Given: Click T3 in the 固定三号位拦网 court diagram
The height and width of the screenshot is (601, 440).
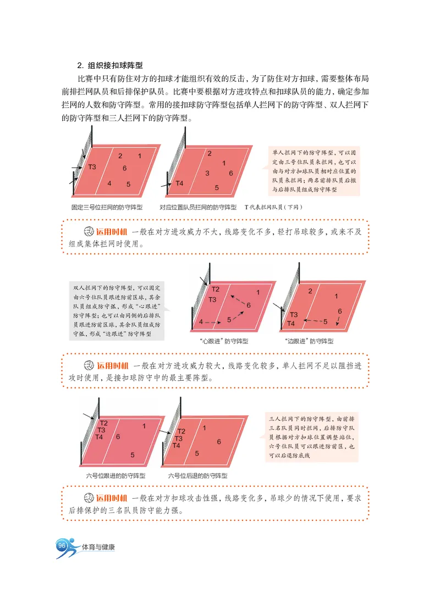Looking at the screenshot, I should click(92, 167).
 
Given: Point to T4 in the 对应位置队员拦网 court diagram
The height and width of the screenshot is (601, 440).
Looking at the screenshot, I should click(180, 183).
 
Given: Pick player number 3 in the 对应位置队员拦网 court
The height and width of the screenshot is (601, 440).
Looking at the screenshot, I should click(207, 174).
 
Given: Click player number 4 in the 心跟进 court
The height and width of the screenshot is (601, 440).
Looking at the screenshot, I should click(201, 321).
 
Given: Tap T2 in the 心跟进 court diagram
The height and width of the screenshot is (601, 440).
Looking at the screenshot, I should click(216, 290).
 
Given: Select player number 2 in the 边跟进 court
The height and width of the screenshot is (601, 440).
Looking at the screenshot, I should click(310, 291).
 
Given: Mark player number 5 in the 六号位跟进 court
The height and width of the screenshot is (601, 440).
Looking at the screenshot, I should click(133, 455).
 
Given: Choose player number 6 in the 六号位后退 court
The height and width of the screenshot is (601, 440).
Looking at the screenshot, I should click(219, 441).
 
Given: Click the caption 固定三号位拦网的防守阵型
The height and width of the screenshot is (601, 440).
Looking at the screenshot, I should click(107, 208).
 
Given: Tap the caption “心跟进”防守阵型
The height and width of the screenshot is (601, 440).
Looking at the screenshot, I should click(224, 341).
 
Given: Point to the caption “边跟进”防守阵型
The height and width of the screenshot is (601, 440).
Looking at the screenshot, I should click(310, 341).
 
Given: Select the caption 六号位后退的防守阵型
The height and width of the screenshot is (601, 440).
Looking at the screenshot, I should click(197, 476).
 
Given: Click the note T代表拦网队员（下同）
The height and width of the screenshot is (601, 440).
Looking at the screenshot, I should click(274, 208).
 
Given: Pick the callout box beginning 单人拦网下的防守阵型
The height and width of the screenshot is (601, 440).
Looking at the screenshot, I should click(315, 170).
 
